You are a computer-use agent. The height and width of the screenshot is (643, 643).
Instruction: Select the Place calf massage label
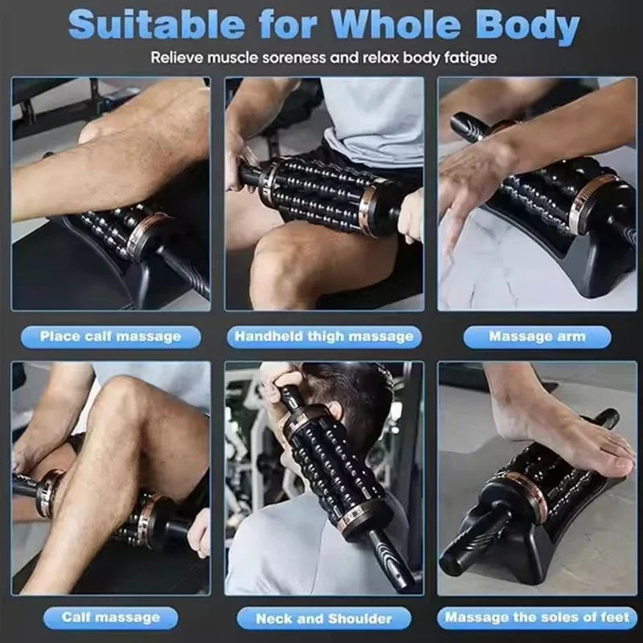pyautogui.click(x=110, y=336)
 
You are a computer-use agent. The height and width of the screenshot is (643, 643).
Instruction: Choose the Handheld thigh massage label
pyautogui.click(x=324, y=336)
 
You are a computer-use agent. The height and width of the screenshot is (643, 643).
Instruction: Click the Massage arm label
pyautogui.click(x=537, y=336)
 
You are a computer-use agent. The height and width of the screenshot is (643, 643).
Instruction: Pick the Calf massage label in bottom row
pyautogui.click(x=110, y=617)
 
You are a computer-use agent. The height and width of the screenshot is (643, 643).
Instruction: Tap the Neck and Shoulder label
pyautogui.click(x=324, y=617)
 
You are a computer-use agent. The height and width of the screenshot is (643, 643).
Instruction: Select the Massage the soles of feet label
pyautogui.click(x=537, y=617)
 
